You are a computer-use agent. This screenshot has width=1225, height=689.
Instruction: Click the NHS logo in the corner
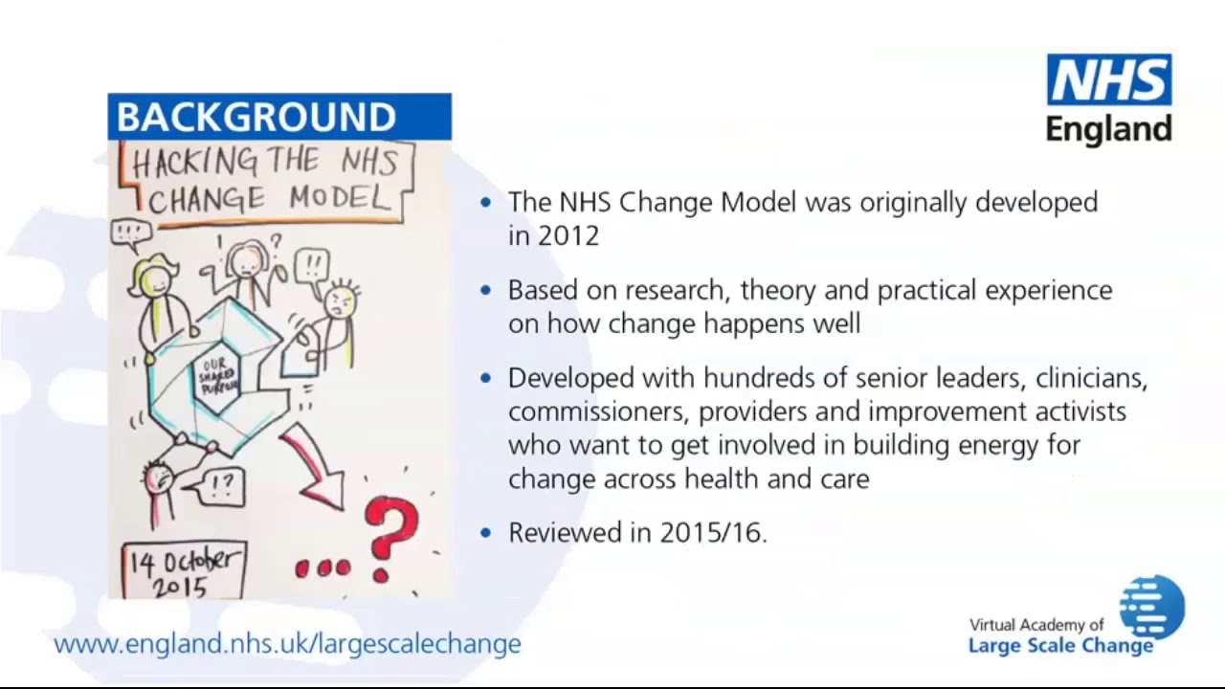click(1108, 80)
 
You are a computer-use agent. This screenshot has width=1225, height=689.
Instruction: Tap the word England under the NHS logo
click(1108, 129)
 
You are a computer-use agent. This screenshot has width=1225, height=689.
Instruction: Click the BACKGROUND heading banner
click(278, 117)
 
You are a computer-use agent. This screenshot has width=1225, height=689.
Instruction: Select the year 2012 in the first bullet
click(568, 235)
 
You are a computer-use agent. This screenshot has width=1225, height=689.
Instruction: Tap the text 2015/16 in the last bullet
click(712, 533)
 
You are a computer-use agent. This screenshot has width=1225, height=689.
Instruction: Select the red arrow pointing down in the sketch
click(317, 468)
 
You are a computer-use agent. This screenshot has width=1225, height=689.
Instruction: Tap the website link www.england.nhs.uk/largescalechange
click(287, 643)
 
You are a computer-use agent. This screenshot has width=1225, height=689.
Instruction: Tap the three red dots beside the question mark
click(323, 568)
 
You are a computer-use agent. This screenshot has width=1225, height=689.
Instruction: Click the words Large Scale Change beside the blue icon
click(1060, 646)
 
